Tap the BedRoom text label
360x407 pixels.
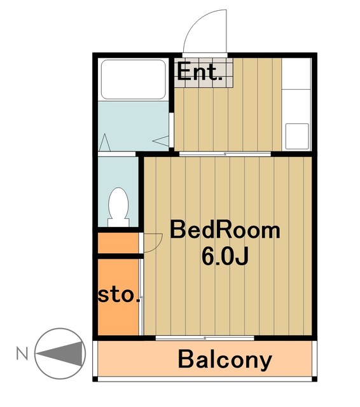tap(225, 230)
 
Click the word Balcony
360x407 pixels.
tap(225, 360)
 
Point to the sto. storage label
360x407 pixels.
tap(119, 295)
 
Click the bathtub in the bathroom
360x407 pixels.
tap(133, 79)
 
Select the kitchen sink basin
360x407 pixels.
tap(297, 136)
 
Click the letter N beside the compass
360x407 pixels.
tap(22, 353)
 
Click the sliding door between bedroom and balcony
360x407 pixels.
tap(205, 338)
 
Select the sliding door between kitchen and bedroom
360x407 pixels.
tap(225, 154)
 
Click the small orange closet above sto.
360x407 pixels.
tap(118, 243)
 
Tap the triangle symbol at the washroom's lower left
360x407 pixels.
tap(105, 142)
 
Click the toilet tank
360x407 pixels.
tap(118, 223)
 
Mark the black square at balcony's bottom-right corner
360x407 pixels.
tap(314, 379)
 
